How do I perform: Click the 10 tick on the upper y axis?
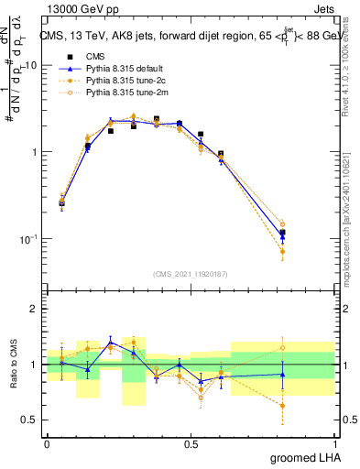pyautogui.click(x=31, y=65)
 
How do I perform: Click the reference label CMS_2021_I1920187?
pyautogui.click(x=191, y=274)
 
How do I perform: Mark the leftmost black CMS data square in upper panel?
pyautogui.click(x=62, y=202)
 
